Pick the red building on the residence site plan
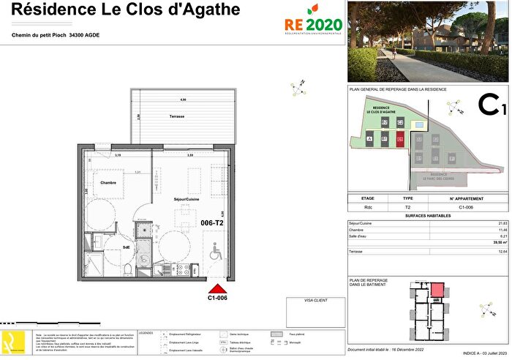coord(399,138)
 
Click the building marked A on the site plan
coord(370,138)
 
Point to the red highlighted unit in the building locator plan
coord(437,291)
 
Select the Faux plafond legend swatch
coord(276,333)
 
